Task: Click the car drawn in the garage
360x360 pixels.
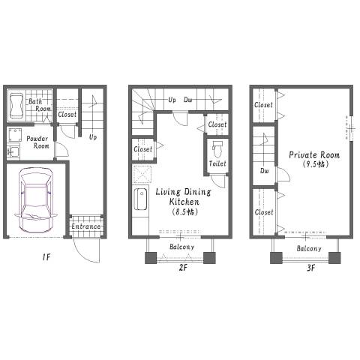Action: [36, 200]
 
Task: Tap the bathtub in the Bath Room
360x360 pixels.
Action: [16, 106]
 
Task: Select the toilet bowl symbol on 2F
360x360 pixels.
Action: [217, 148]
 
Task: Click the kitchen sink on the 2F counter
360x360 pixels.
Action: [140, 199]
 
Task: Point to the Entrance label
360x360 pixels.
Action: [86, 226]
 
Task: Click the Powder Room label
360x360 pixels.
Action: [37, 142]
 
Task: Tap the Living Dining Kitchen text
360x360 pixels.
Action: [184, 196]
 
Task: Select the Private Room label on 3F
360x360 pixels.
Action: [314, 155]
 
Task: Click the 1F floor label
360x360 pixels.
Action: [46, 256]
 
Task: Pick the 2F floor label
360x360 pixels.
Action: [183, 268]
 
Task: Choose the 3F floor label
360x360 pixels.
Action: [310, 268]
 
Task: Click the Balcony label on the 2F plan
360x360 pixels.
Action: [181, 247]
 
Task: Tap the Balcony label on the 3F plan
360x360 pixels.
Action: [309, 248]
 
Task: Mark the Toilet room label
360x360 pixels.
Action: [217, 163]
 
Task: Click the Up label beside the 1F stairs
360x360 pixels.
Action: [93, 137]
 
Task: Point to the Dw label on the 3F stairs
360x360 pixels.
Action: [265, 171]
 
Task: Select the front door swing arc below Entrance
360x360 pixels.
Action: [84, 255]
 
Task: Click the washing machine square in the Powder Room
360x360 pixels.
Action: [15, 135]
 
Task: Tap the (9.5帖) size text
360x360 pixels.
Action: [315, 164]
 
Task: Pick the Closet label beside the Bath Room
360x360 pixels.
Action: [67, 115]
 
